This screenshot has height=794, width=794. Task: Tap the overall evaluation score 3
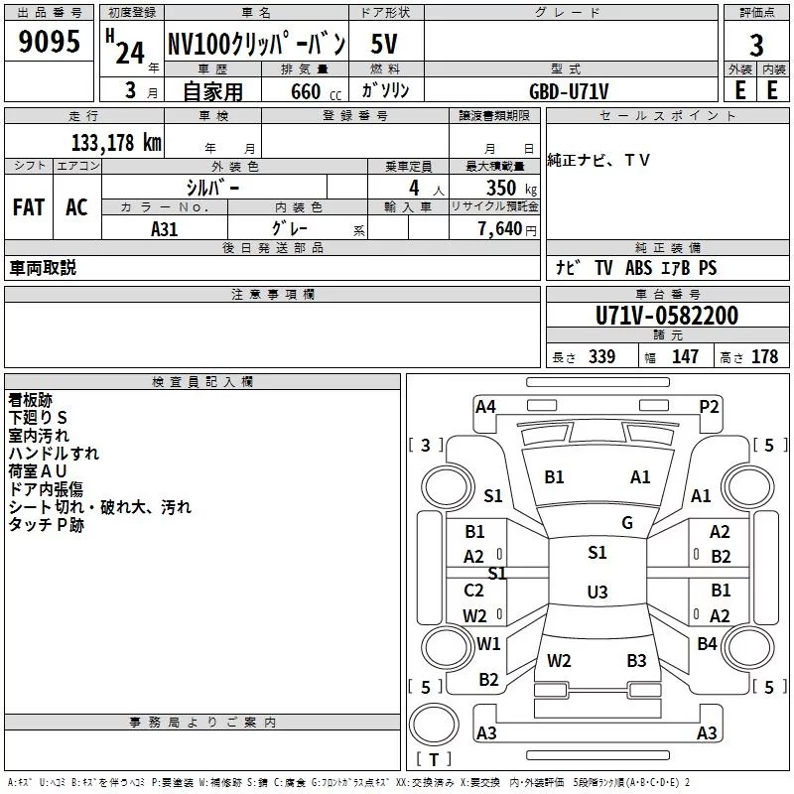click(x=756, y=46)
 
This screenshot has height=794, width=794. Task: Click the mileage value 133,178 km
click(x=116, y=142)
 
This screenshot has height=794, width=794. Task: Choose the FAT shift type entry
click(x=28, y=207)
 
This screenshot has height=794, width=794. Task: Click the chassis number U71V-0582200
click(x=667, y=316)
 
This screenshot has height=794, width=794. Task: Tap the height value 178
click(x=764, y=357)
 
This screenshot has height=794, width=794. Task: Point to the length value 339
click(x=601, y=357)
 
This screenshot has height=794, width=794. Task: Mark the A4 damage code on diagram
click(x=485, y=406)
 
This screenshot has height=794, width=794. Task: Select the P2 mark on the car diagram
click(x=709, y=406)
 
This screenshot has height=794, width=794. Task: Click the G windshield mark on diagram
click(x=627, y=523)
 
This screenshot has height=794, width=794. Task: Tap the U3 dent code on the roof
click(x=596, y=593)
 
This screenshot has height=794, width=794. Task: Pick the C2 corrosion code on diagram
click(x=474, y=591)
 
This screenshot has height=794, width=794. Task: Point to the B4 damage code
click(x=707, y=644)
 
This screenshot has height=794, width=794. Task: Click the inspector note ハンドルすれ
click(x=54, y=453)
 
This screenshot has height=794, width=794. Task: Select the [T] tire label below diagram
click(x=434, y=760)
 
